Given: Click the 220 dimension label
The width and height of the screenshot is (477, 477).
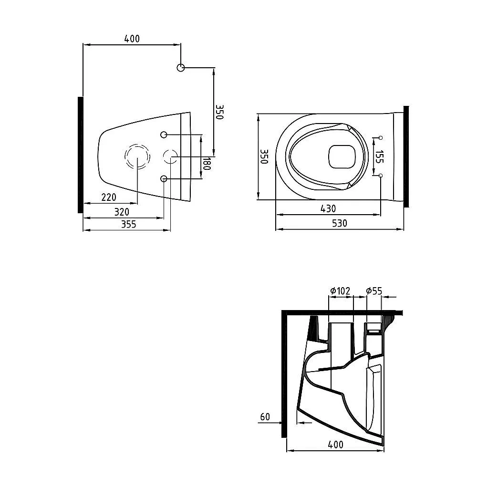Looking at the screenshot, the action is (x=109, y=197).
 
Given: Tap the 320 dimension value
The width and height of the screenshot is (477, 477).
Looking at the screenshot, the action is (x=122, y=212).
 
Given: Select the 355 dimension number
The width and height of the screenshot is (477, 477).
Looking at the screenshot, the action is (x=128, y=224).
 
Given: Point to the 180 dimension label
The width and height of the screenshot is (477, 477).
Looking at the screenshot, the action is (x=207, y=163).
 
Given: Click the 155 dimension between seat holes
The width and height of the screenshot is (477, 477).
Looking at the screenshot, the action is (x=379, y=156).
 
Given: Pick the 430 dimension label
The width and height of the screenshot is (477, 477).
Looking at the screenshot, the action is (x=328, y=208).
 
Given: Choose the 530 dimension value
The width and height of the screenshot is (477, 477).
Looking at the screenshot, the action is (x=339, y=223).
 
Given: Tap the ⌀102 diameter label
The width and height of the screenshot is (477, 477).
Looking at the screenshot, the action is (x=340, y=291).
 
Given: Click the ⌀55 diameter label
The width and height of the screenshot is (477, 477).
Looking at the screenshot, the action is (x=374, y=291).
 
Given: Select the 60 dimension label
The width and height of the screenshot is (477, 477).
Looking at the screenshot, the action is (x=265, y=417).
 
